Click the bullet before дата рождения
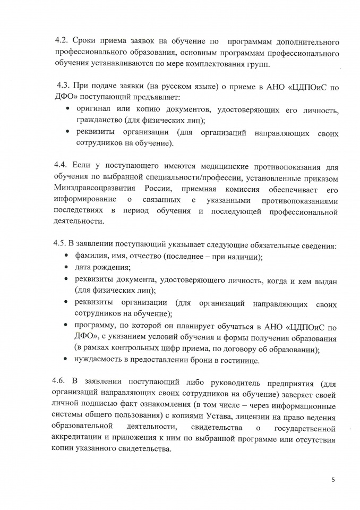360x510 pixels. [67, 268]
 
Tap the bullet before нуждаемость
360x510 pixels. [67, 360]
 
